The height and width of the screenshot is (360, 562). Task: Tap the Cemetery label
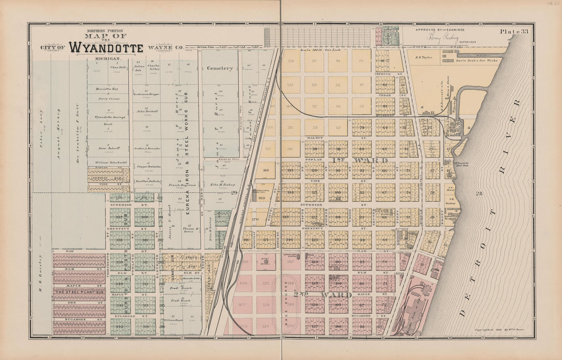(220, 68)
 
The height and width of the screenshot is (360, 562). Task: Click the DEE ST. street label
(79, 302)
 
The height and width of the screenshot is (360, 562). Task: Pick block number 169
(262, 197)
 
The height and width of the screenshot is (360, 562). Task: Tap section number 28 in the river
(479, 193)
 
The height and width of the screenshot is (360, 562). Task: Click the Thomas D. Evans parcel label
(190, 230)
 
